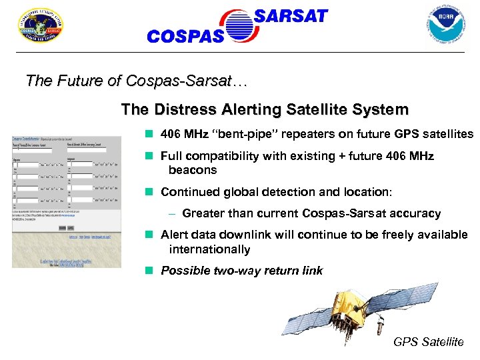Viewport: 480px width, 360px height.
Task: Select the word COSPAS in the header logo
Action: click(185, 37)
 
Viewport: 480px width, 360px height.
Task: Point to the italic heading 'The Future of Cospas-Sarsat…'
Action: click(136, 81)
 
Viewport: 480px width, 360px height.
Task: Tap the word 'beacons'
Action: click(193, 170)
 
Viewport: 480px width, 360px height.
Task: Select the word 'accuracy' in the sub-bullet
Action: click(414, 213)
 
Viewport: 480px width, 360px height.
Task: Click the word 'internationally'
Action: click(209, 249)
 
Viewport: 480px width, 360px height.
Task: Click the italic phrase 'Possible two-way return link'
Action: click(241, 271)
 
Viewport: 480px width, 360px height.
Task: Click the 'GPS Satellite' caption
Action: click(428, 342)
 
